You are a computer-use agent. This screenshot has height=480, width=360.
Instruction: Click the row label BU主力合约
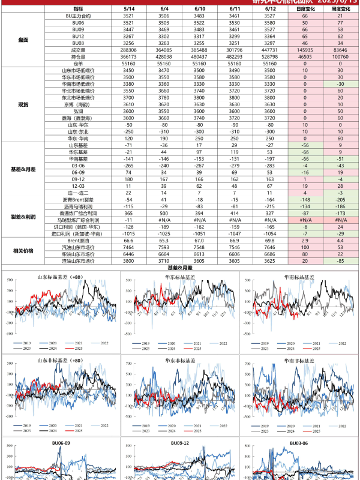coord(78,16)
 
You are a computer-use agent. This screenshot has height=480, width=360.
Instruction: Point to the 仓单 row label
coord(78,62)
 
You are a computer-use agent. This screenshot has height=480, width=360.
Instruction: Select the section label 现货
coord(23,104)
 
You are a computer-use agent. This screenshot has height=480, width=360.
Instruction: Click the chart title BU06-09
coord(60,443)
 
